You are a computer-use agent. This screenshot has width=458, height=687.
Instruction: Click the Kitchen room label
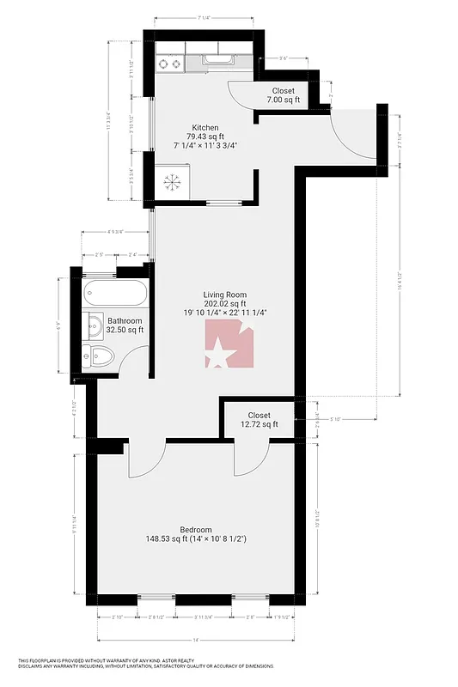205,128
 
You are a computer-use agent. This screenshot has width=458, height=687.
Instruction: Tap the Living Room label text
224,294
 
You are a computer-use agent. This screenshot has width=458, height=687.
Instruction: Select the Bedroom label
196,530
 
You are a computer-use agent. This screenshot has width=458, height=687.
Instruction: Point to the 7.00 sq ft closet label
283,91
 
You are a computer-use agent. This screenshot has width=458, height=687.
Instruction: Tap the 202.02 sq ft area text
224,303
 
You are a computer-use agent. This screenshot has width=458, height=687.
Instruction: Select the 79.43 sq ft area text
205,137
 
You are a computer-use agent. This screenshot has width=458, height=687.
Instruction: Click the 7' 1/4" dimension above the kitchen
205,18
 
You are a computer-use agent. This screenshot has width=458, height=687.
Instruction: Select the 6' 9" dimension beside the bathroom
58,325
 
